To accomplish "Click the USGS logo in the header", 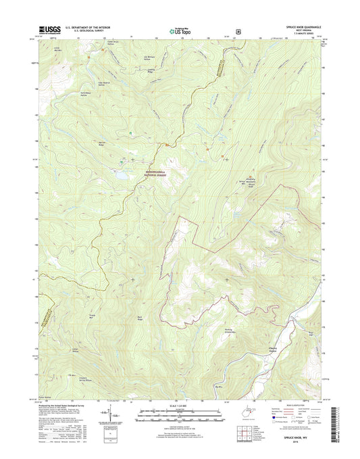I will tap(51, 29).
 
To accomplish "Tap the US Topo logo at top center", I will tap(180, 29).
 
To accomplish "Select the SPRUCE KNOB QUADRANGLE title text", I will tap(300, 26).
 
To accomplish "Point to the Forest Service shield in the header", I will tap(238, 30).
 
